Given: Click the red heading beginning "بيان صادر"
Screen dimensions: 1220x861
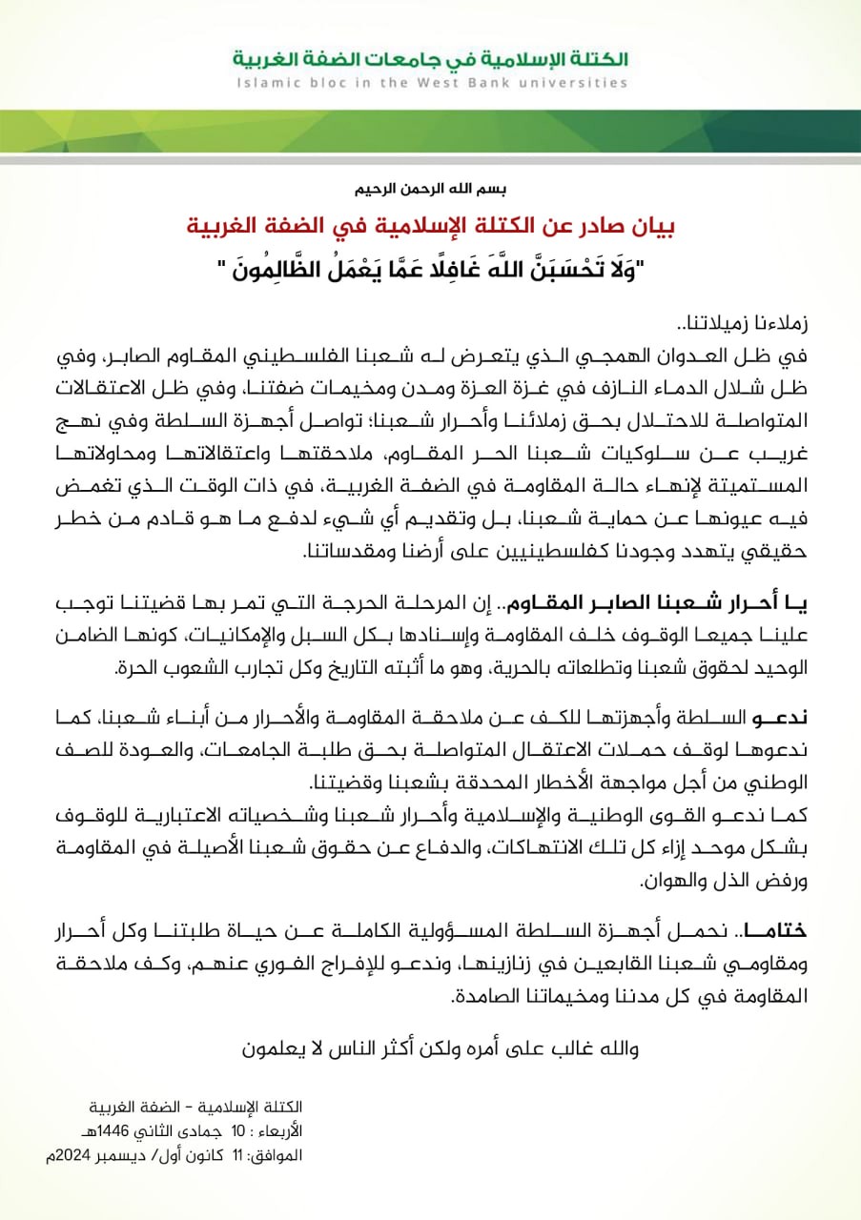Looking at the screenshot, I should (430, 230).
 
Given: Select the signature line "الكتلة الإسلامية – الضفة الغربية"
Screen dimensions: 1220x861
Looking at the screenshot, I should (205, 1107).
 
